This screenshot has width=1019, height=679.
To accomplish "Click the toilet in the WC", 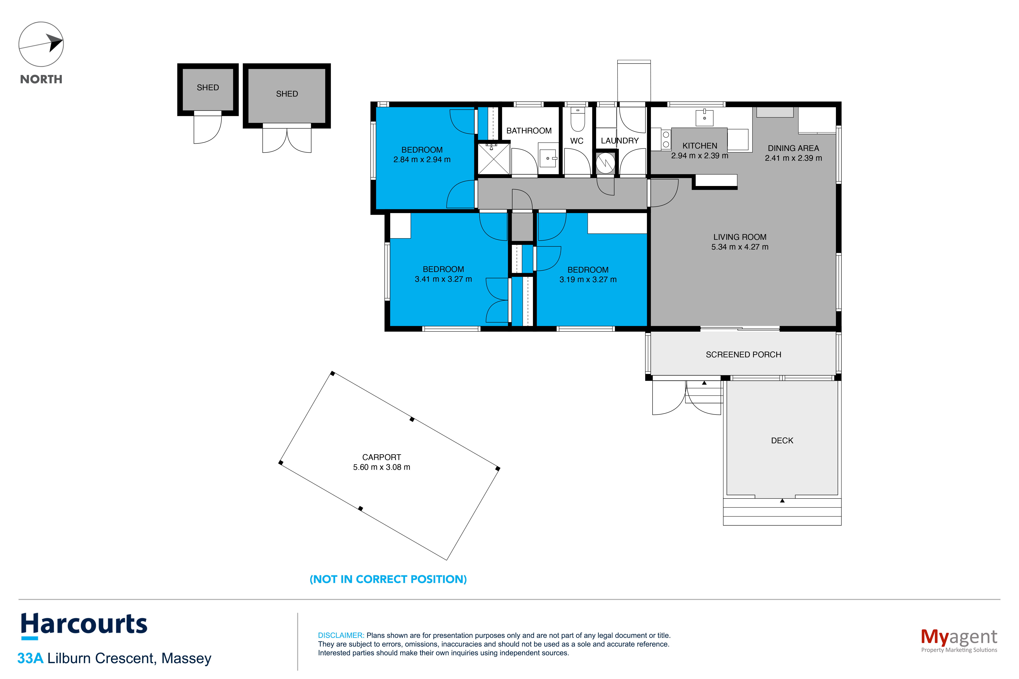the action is pos(578,120).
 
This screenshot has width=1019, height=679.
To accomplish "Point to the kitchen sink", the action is pos(705,117).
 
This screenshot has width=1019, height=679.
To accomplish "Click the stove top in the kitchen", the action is pos(666,139).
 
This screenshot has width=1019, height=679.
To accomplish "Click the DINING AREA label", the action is pos(793,148).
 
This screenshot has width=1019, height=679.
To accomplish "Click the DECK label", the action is pos(782,440).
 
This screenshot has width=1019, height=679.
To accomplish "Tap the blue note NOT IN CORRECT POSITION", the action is pos(388,579).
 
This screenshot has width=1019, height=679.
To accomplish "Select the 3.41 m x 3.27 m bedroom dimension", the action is pos(443,279).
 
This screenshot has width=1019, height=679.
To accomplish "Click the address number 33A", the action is pos(30,658).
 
